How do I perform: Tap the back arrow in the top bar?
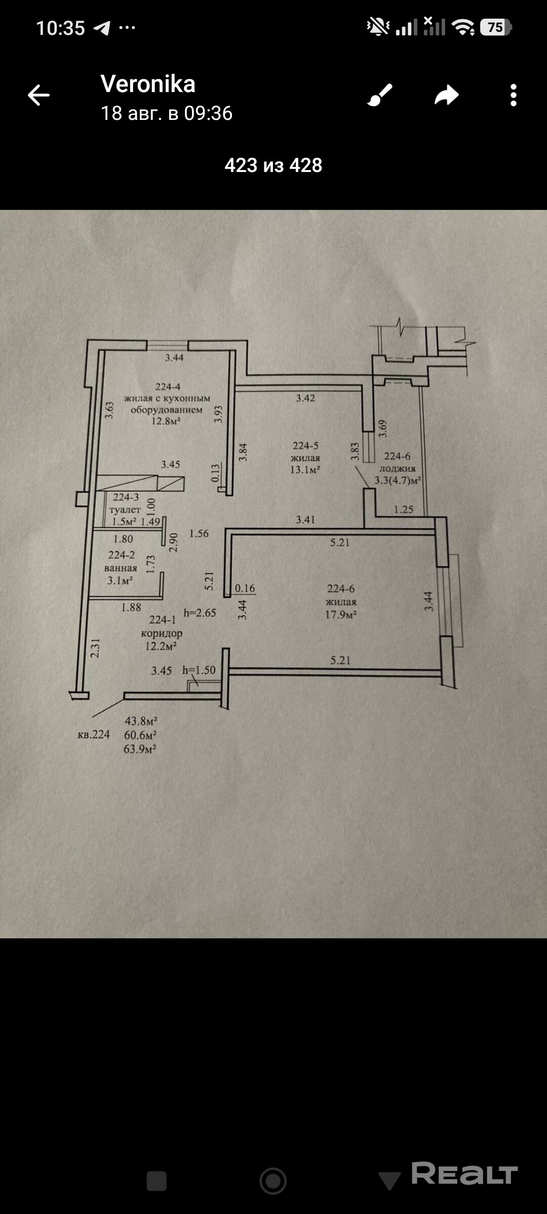38,95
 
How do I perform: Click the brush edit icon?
380,95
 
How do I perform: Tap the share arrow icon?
447,95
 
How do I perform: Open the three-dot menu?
514,95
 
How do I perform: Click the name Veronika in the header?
148,84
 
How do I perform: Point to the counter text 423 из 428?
273,165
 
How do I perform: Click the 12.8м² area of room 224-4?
166,421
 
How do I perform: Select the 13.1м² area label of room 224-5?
305,470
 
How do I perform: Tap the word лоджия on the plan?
398,468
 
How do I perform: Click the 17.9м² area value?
341,615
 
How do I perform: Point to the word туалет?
125,510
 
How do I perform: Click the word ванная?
121,568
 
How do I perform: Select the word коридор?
162,633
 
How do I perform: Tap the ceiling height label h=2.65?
200,613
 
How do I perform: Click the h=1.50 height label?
199,670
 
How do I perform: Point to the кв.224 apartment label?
94,734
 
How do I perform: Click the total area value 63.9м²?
140,749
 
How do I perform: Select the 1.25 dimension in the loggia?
404,509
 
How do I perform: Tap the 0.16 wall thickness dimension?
245,588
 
